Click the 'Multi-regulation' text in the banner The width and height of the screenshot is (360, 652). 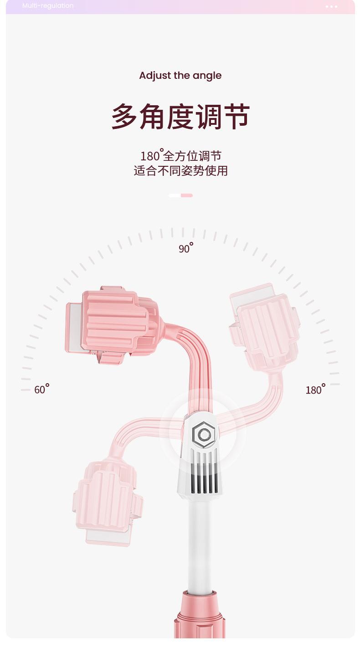coord(48,6)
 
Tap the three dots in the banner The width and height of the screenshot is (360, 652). coord(331,6)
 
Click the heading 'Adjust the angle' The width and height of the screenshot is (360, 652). coord(180,76)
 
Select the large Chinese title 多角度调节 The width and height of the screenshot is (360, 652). coord(180,117)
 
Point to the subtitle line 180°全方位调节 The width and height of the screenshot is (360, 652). coord(180,156)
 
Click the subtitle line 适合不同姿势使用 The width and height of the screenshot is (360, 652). coord(180,171)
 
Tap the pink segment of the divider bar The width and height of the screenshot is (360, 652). coord(187,195)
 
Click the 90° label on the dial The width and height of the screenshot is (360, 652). coord(185,248)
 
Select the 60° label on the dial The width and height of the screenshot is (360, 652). coord(41,389)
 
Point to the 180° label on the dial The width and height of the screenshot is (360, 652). coord(315,390)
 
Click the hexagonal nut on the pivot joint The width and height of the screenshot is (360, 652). coord(203,435)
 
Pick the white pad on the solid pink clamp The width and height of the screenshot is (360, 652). coord(73,326)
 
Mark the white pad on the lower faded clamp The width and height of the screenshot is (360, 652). coord(108,538)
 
